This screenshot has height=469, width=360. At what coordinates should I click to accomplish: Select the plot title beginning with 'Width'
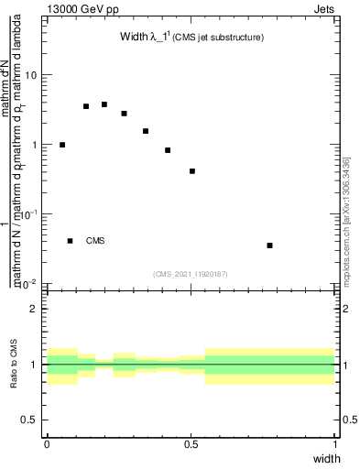(151, 38)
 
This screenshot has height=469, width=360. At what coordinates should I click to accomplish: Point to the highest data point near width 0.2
(104, 104)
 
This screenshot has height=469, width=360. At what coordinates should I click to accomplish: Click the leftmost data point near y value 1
(62, 145)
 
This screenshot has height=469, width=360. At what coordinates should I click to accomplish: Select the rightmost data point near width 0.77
(269, 245)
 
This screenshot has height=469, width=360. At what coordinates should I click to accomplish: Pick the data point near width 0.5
(192, 171)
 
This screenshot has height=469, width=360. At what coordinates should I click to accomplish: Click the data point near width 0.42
(168, 150)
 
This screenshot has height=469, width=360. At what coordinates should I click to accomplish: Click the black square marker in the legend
(71, 241)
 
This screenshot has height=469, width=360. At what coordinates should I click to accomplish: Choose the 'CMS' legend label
(95, 242)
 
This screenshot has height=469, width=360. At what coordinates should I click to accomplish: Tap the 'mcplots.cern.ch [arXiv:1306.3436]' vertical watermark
(346, 220)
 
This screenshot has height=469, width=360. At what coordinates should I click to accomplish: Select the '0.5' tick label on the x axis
(191, 443)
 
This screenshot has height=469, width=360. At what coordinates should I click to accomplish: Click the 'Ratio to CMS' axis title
(14, 365)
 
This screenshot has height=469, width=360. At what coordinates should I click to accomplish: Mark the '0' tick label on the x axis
(47, 443)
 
